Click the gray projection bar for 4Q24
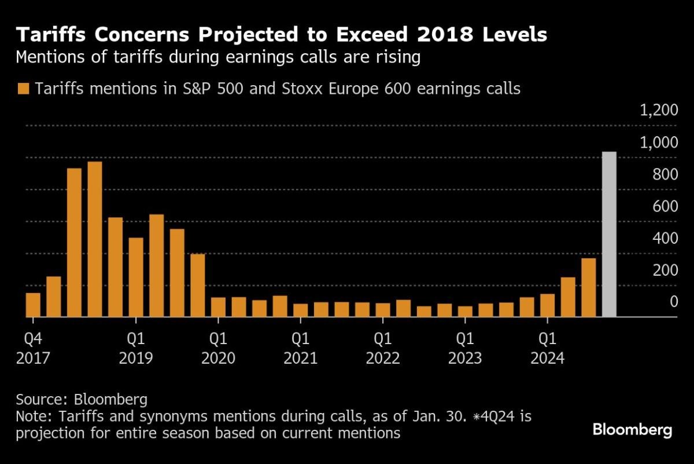(609, 235)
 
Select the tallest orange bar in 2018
(95, 239)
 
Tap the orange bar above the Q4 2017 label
(33, 305)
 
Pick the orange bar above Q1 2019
(136, 277)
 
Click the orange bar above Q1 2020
(218, 307)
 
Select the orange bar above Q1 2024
(547, 305)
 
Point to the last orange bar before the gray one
(588, 287)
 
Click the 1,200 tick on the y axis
(659, 111)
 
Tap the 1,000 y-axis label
(659, 143)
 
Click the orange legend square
(23, 89)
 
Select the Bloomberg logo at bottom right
(632, 430)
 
